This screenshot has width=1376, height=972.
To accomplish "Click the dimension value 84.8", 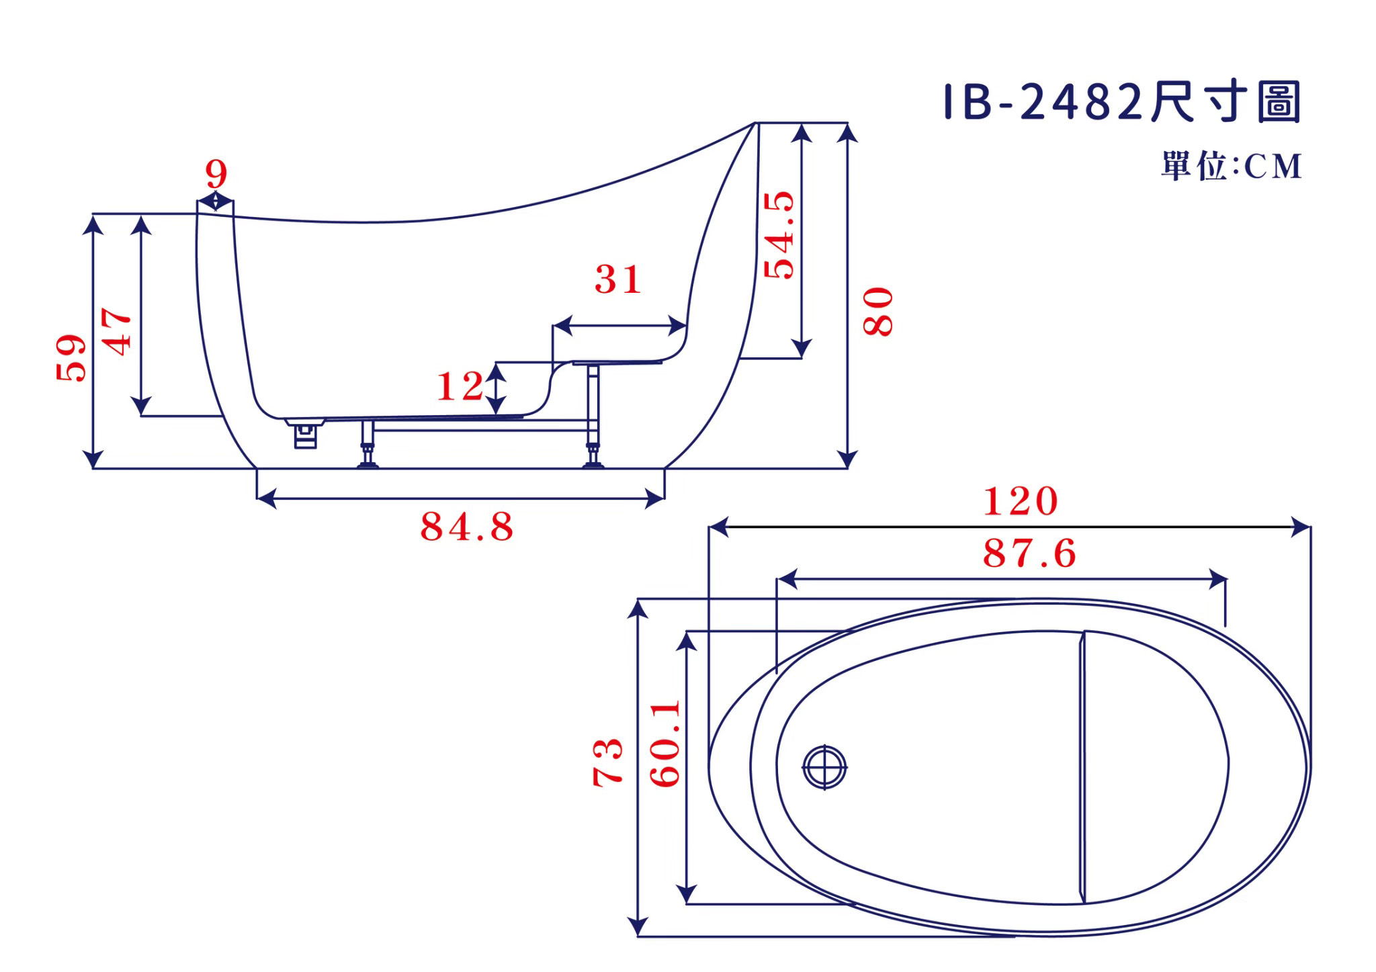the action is pos(467,527).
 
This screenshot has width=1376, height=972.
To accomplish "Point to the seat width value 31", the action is pos(617,279).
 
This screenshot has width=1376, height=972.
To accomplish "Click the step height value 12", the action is pos(460,386).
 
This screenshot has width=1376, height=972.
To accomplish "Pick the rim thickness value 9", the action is pos(216,174).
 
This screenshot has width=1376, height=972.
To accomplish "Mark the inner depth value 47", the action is pos(116,331).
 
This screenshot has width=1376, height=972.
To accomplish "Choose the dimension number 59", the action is pos(71,358).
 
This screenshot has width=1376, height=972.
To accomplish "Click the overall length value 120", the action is pos(1021,501).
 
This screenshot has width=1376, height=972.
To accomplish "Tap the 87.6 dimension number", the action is pos(1029,554).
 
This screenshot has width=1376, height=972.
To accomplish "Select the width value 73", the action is pos(608,762).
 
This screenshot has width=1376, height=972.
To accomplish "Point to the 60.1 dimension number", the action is pos(666,743).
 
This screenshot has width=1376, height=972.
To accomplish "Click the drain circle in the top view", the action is pos(824,766).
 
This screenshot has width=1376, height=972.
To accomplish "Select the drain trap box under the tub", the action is pos(306,434).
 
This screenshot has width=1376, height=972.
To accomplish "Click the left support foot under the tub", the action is pos(368,444).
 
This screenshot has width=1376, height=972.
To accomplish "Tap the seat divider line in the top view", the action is pos(1083,766).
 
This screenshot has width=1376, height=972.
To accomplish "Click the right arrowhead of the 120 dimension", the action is pos(1301,527).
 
